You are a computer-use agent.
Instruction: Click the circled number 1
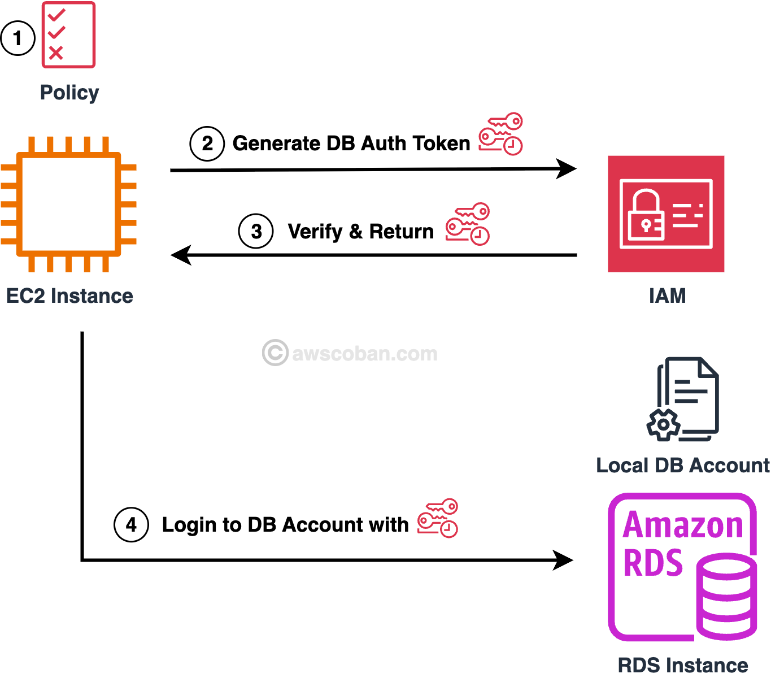click(x=18, y=38)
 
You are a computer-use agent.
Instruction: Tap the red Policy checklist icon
click(x=68, y=35)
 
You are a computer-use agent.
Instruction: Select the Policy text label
click(x=69, y=93)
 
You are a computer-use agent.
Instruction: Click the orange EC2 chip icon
click(x=68, y=204)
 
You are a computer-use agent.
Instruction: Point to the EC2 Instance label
click(x=69, y=296)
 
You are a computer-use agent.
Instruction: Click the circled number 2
click(x=207, y=144)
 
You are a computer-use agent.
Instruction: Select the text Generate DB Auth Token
click(x=351, y=144)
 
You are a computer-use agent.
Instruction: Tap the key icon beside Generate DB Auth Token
click(x=501, y=134)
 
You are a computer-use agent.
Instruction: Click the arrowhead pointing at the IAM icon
click(x=566, y=168)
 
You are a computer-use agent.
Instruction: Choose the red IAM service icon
click(x=666, y=214)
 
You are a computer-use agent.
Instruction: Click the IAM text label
click(x=667, y=296)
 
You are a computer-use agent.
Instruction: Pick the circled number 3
click(x=256, y=231)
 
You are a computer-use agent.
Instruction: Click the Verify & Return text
click(x=361, y=232)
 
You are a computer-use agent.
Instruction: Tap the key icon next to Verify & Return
click(x=468, y=224)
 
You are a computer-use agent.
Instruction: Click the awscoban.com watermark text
click(x=365, y=354)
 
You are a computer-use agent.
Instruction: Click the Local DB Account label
click(x=683, y=466)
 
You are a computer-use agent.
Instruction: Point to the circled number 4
click(x=131, y=525)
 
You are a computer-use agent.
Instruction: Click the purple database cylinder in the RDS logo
click(x=726, y=596)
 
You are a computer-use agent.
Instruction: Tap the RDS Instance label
click(x=683, y=665)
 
